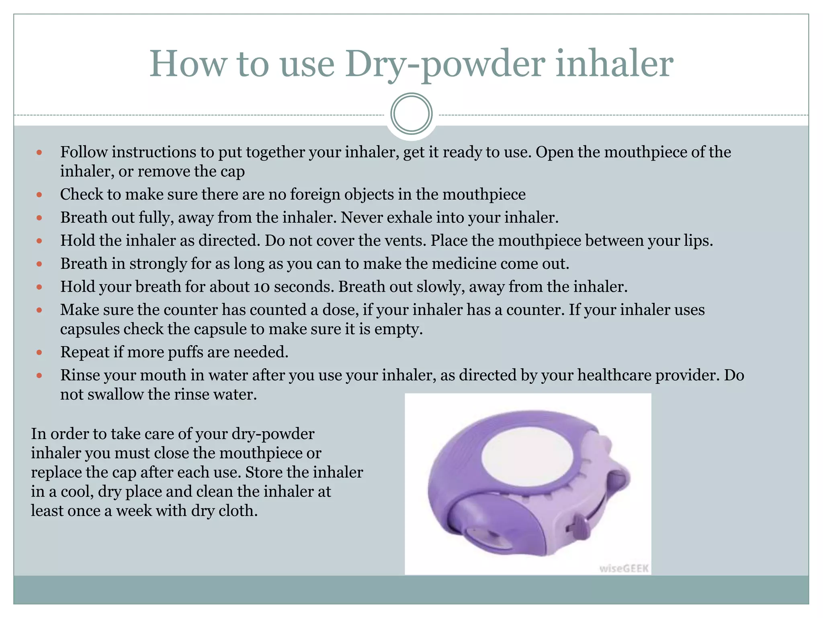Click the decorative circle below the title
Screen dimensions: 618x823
click(411, 114)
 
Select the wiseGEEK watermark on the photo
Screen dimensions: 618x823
click(624, 568)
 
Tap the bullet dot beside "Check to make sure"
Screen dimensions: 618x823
click(39, 195)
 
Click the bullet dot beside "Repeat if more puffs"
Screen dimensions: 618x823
click(39, 352)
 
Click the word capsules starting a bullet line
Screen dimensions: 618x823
click(90, 329)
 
